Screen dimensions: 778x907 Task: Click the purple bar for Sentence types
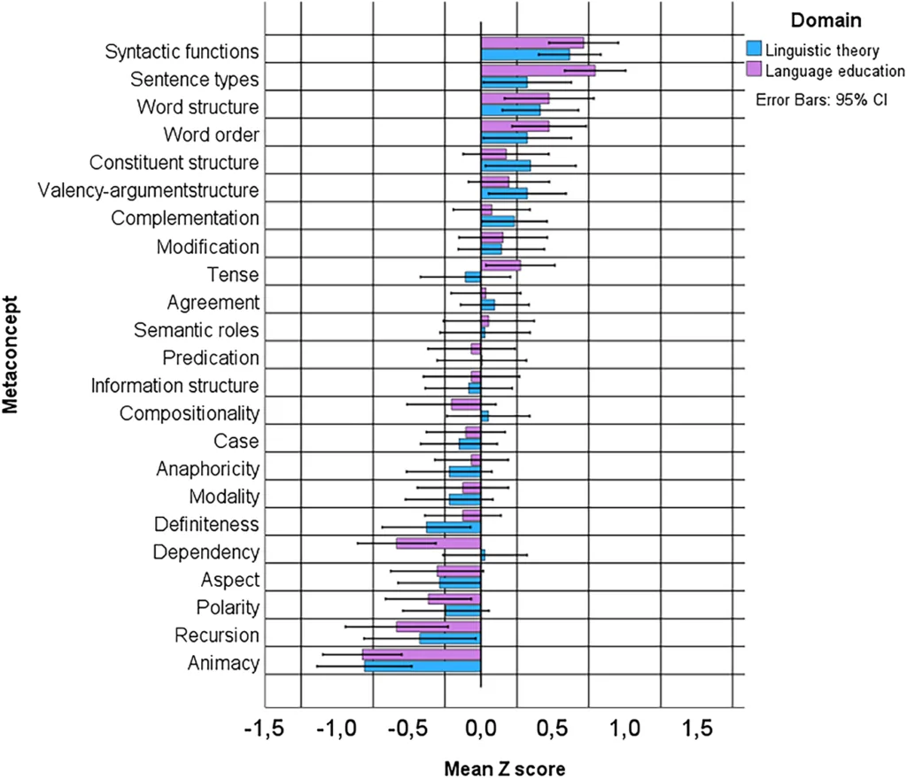[538, 71]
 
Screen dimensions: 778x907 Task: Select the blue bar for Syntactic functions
[524, 55]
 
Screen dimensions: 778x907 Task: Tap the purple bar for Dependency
[438, 543]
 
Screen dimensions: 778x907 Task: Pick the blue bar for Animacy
[422, 666]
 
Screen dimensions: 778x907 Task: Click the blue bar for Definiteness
[453, 528]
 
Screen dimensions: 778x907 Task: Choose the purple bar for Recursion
[438, 626]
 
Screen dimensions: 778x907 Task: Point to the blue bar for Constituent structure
[506, 166]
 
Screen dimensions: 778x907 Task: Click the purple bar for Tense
[500, 265]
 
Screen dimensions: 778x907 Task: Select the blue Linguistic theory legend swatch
[754, 48]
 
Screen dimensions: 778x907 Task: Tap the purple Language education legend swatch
[754, 69]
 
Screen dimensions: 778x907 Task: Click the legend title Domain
[816, 19]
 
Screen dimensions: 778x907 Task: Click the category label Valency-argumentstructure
[149, 190]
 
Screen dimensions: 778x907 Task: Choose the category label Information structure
[174, 386]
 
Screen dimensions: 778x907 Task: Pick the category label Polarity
[228, 608]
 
